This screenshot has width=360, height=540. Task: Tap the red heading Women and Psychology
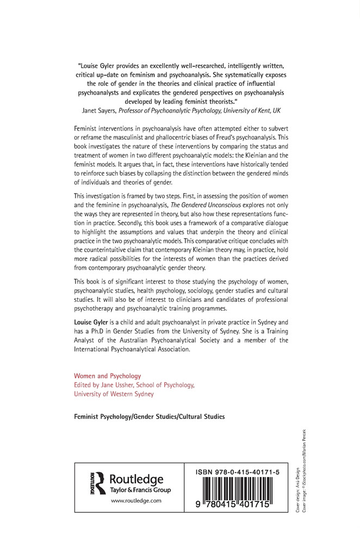(107, 375)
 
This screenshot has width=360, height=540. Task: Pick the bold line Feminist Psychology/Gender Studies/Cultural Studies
(149, 417)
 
